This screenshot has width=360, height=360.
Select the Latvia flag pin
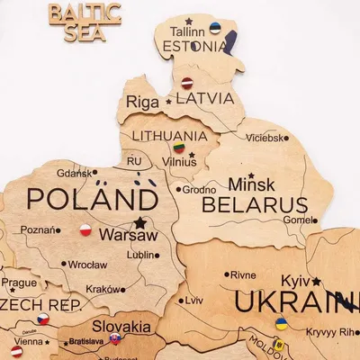[188, 83]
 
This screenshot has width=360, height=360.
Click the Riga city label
[142, 103]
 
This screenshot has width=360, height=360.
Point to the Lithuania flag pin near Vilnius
[179, 148]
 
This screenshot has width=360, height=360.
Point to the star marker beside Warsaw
[139, 221]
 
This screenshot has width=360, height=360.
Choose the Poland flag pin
[85, 230]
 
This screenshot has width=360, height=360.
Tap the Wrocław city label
[86, 265]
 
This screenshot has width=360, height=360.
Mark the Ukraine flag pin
[281, 323]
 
